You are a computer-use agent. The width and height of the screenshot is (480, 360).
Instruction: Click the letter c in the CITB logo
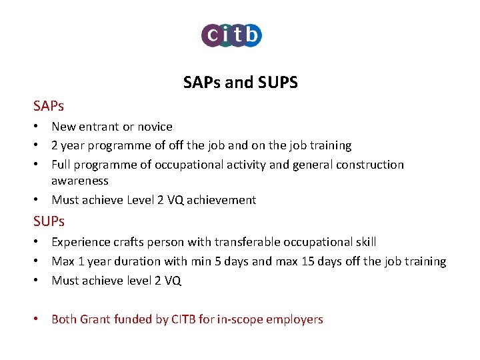tap(211, 35)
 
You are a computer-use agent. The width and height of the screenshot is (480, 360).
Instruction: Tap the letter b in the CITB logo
tap(251, 35)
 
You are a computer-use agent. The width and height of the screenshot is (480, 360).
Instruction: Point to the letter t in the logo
tap(237, 35)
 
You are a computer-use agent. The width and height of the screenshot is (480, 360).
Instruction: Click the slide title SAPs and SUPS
tap(240, 83)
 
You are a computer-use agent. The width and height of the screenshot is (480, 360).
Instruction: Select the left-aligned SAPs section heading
tap(49, 106)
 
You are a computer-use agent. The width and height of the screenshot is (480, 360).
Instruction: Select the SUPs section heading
tap(49, 221)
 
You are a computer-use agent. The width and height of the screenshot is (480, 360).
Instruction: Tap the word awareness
tap(80, 181)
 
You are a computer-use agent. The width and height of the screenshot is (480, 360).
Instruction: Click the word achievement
tap(221, 200)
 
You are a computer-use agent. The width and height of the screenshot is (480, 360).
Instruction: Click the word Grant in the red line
tap(95, 319)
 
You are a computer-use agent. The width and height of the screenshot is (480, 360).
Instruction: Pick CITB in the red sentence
tap(183, 319)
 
